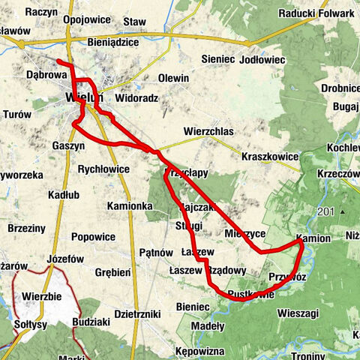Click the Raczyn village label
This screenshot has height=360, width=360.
point(40,13)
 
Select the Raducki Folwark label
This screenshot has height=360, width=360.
point(316,13)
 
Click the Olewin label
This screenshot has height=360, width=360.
point(174,78)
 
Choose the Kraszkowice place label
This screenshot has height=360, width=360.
point(271,157)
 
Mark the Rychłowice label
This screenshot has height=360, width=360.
point(103,169)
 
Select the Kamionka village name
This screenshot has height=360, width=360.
point(130,205)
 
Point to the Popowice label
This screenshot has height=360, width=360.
point(94,237)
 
